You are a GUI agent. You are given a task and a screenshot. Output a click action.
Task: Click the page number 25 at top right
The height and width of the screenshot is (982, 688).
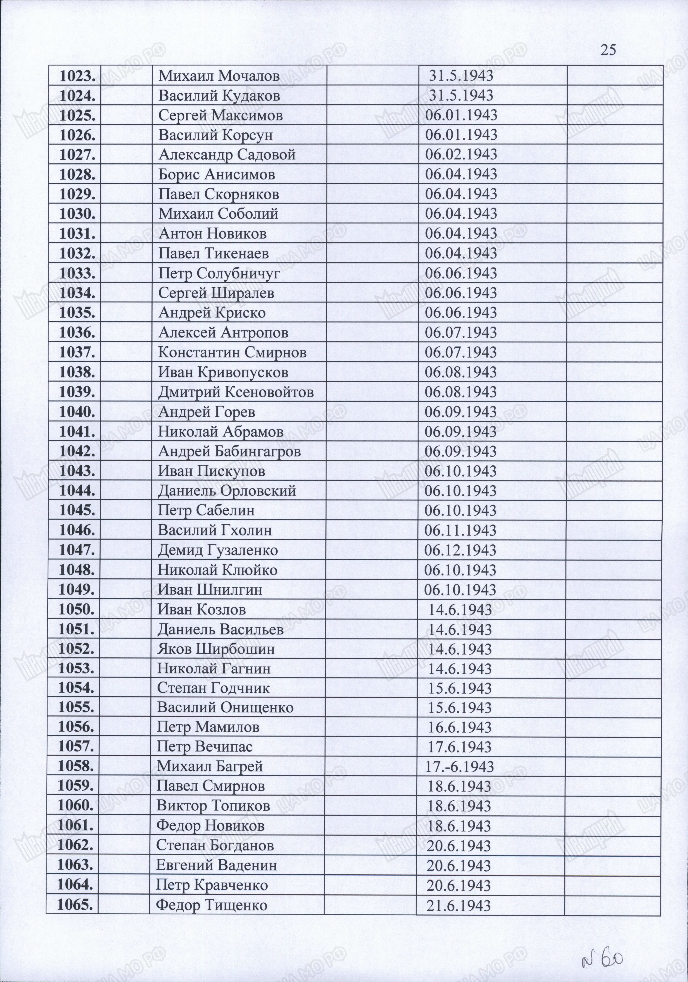(608, 50)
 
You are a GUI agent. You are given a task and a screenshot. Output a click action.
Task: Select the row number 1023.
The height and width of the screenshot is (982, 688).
(77, 76)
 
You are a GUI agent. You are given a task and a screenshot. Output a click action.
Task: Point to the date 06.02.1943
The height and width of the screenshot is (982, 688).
(461, 154)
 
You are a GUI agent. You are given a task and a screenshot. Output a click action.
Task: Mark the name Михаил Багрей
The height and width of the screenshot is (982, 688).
(210, 766)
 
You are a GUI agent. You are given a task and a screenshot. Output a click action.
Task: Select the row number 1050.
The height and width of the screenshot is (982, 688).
(76, 609)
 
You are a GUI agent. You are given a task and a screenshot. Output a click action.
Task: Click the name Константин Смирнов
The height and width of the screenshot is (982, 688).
(232, 352)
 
